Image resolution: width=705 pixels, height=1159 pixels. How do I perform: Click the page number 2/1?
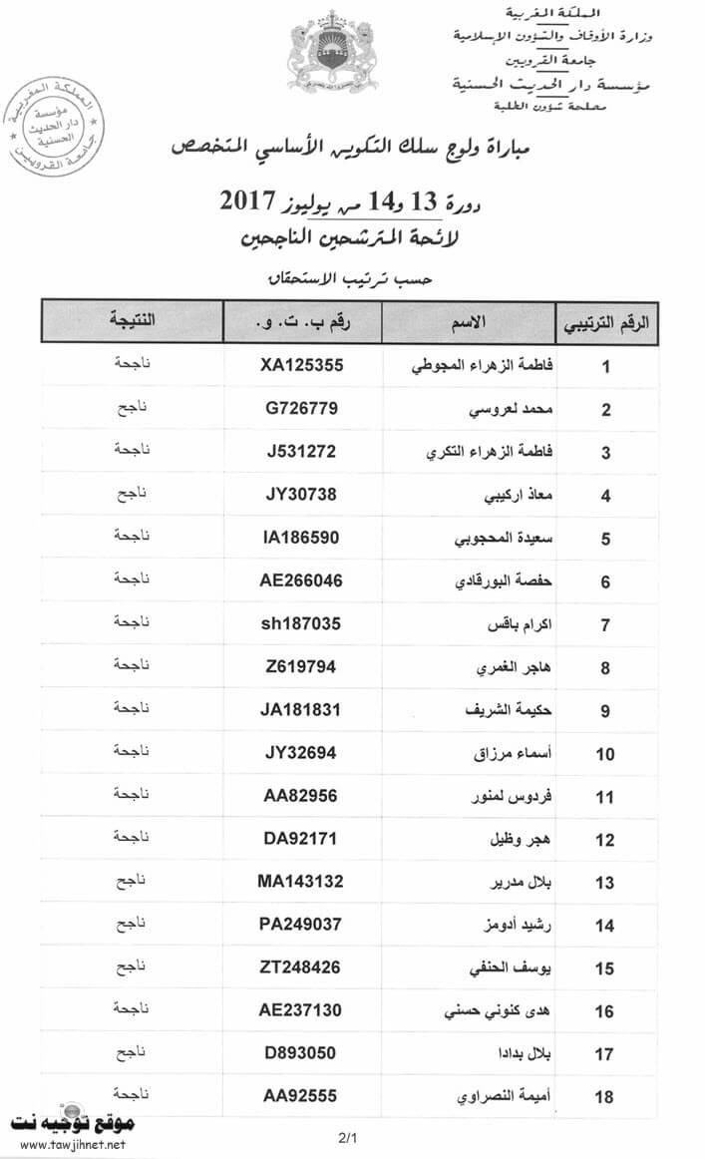(347, 1137)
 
